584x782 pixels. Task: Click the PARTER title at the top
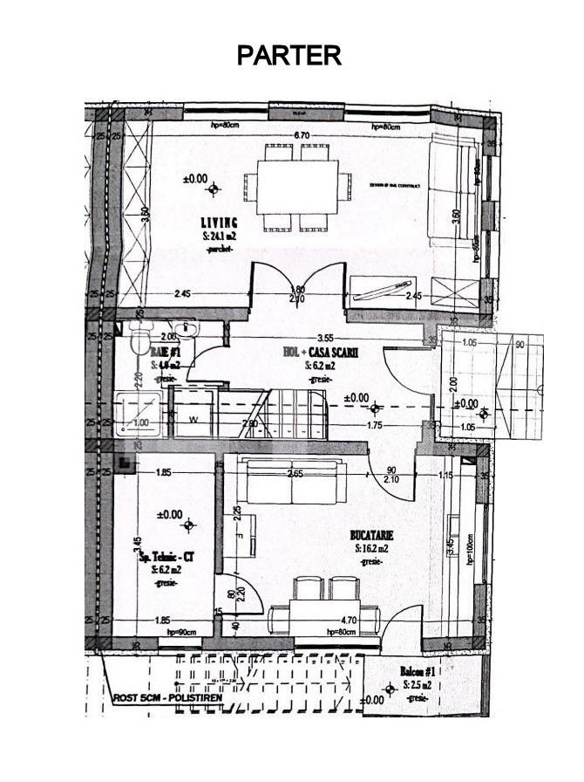pyautogui.click(x=289, y=55)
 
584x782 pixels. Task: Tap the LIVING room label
pyautogui.click(x=219, y=223)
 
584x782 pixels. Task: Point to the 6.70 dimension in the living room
pyautogui.click(x=302, y=134)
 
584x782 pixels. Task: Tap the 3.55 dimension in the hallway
pyautogui.click(x=325, y=338)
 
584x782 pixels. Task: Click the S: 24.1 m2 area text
pyautogui.click(x=219, y=236)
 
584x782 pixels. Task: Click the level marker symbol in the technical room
pyautogui.click(x=189, y=525)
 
